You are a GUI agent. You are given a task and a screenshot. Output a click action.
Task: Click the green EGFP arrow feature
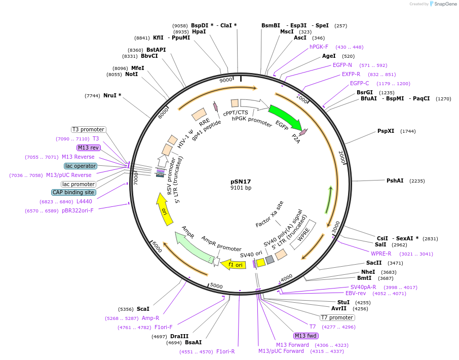285,117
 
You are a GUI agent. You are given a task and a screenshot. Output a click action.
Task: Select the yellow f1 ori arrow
234,264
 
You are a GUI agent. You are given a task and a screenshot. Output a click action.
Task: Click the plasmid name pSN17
241,182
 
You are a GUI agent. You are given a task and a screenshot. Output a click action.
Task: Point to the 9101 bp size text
241,188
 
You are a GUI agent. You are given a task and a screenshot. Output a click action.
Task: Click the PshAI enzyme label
395,181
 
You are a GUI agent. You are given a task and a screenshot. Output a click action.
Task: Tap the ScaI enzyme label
143,309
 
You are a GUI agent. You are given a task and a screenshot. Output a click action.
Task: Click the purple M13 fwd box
306,336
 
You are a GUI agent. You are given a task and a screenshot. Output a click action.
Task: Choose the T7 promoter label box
337,317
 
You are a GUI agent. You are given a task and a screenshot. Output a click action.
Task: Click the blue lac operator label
81,166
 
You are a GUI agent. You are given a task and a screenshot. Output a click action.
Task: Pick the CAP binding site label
73,193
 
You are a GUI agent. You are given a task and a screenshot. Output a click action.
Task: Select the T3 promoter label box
88,129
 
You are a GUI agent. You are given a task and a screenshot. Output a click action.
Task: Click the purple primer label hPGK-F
319,47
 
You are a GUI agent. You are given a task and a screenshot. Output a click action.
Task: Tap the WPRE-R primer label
381,254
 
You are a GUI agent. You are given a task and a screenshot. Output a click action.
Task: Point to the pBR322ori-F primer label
78,210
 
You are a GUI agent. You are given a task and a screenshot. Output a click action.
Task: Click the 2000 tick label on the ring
342,157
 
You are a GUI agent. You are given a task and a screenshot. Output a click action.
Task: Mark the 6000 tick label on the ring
157,247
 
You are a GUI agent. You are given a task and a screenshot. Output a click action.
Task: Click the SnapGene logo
443,4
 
